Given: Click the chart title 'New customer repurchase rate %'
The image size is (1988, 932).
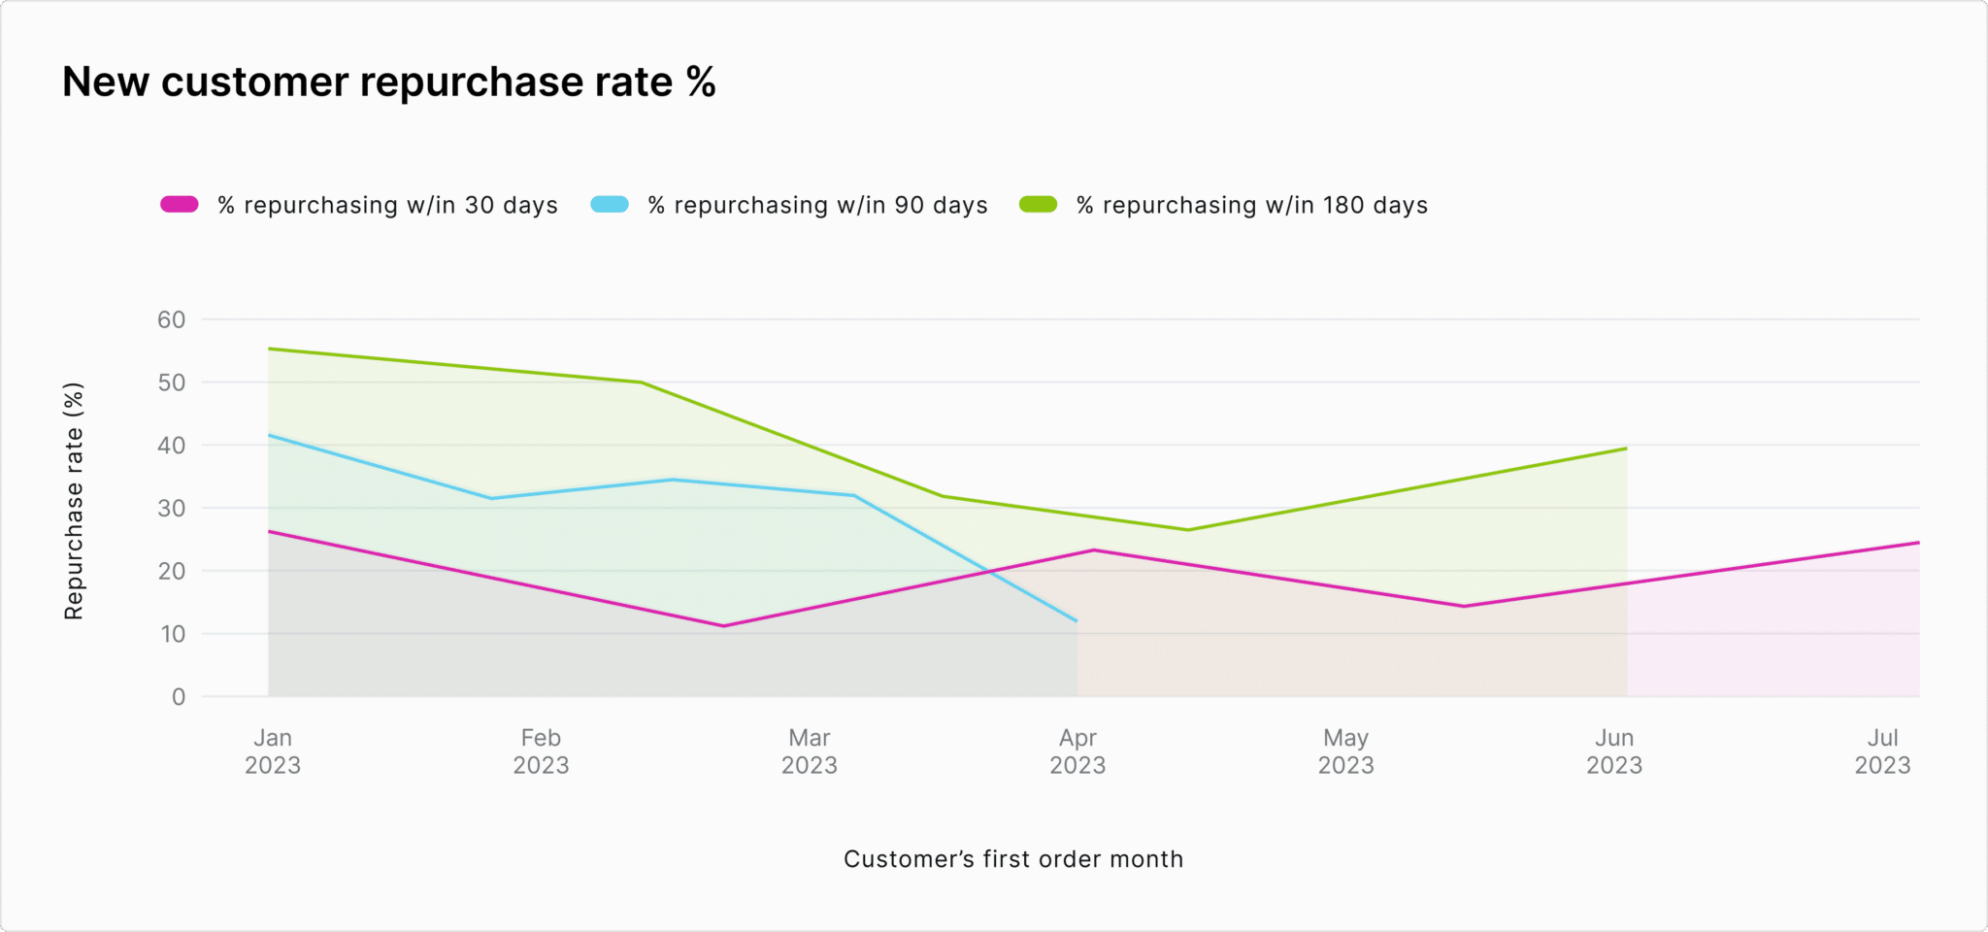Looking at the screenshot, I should pos(388,83).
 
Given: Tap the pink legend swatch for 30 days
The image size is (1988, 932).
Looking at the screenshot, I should pos(180,205).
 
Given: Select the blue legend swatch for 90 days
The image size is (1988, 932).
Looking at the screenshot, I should pos(610,205).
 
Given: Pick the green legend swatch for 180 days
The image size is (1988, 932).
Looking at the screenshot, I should pos(1038,205).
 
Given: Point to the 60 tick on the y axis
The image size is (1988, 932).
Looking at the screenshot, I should pos(172,319).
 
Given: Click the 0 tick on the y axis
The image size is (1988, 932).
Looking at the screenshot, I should pos(179,696).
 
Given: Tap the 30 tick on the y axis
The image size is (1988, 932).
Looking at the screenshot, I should pos(172,508).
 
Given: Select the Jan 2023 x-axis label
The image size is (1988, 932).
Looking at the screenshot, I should pos(273,751).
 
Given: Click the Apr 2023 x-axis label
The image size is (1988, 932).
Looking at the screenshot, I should pos(1077,751).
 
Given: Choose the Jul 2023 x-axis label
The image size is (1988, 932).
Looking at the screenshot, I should pos(1882,751).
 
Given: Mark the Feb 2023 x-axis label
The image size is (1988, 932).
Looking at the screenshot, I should pos(541,751).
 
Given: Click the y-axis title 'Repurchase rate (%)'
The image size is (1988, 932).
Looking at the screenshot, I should pos(74,501).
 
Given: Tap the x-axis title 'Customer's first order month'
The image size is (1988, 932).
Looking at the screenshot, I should pos(1013,859).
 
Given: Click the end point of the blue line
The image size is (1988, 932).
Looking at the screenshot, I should pos(1077,620).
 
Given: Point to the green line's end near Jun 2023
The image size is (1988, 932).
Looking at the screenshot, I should pos(1626,449).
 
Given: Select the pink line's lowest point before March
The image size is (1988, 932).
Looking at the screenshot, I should pos(724,626).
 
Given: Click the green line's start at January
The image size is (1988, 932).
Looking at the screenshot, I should pos(269,349).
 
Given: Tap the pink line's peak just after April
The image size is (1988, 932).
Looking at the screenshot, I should pos(1094,550).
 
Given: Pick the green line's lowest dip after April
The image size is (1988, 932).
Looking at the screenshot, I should pos(1188,530).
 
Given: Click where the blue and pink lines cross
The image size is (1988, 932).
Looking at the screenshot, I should pos(990,573).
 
